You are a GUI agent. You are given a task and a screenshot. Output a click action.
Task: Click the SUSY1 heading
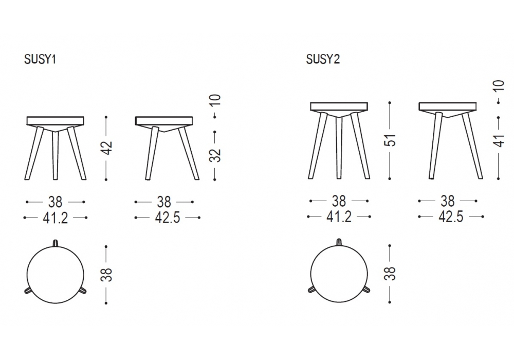pos(40,59)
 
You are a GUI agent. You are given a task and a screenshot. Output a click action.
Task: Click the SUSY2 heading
pos(323,59)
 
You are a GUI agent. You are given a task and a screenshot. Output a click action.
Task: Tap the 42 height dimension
pos(107,148)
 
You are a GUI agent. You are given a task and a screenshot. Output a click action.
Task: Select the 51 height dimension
pos(391,140)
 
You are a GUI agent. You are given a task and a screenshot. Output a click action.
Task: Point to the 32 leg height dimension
pos(215,155)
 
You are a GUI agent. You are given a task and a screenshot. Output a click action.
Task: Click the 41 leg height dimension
pos(499,140)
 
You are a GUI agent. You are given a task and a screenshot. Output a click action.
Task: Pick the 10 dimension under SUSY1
pos(215,100)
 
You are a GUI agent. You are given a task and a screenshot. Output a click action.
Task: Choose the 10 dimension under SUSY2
pos(499,86)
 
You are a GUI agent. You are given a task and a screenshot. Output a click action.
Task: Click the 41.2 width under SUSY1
pos(55,218)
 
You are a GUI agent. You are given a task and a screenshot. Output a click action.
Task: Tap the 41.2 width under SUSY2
pos(339,217)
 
